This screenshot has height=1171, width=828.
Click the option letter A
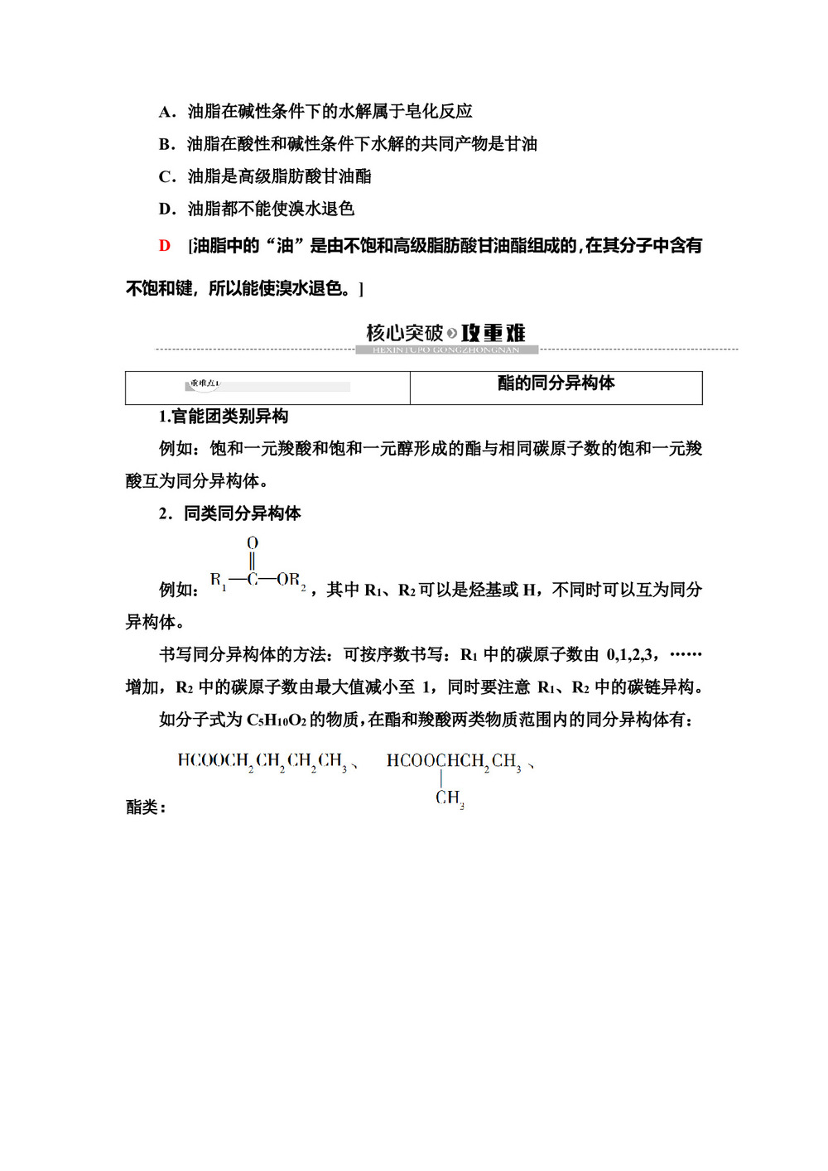coord(166,112)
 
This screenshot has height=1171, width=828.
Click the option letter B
coord(166,144)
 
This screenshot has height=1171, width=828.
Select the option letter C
coord(166,176)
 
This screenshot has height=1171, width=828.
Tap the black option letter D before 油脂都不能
coord(166,209)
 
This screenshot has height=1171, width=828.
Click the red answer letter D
coord(165,246)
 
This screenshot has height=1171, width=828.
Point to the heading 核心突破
coord(405,333)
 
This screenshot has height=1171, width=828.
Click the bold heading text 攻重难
coord(493,333)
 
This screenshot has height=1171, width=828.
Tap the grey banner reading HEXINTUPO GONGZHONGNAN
coord(446,350)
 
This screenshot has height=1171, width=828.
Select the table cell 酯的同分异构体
coord(556,383)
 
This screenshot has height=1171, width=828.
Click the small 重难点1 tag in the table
coord(204,384)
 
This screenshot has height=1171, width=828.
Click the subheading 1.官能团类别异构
coord(224,417)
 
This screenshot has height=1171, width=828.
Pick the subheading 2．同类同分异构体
coord(229,513)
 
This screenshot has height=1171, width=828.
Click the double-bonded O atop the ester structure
coord(253,543)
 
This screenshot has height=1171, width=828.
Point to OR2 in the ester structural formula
coord(291,581)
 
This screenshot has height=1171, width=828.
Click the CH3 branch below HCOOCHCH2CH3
coord(450,798)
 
